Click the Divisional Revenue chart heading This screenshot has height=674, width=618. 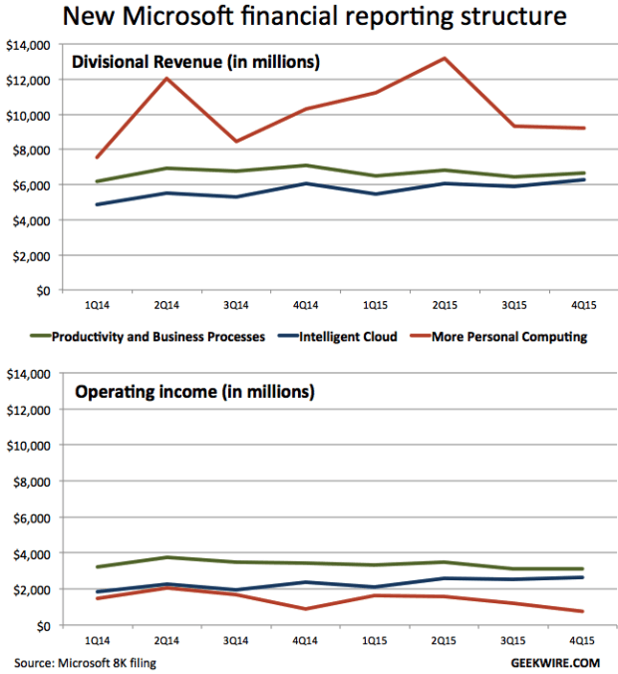click(193, 62)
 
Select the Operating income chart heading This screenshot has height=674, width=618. click(194, 391)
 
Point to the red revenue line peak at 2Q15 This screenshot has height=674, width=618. click(444, 58)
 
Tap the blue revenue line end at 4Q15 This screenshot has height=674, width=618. click(582, 179)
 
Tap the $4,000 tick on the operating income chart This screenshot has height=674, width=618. click(31, 553)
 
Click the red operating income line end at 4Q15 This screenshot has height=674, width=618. click(582, 611)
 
